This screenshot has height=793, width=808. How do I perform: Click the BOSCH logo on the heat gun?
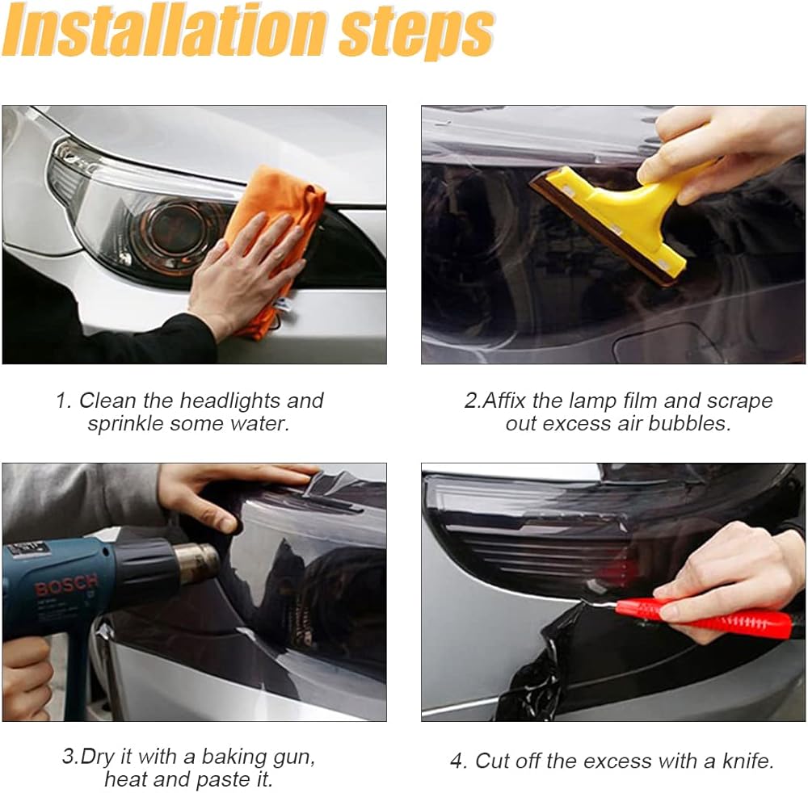click(x=65, y=585)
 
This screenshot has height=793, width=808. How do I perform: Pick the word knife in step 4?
click(x=747, y=761)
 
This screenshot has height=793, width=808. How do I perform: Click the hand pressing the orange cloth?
click(x=242, y=278)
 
